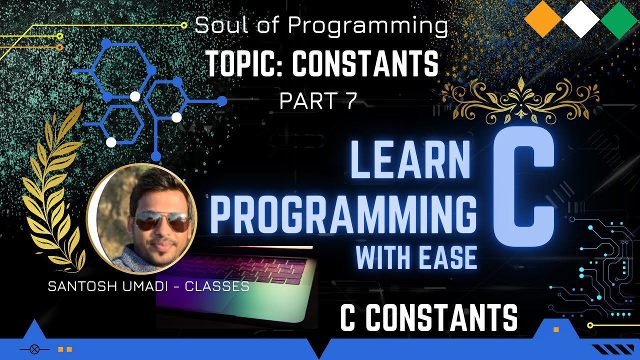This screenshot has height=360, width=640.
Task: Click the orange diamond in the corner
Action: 543,19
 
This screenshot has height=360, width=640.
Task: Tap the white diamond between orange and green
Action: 580,19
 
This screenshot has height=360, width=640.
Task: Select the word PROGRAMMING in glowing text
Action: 343,214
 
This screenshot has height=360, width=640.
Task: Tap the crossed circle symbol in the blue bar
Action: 34,349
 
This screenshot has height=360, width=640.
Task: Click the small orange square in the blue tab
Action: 556,329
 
